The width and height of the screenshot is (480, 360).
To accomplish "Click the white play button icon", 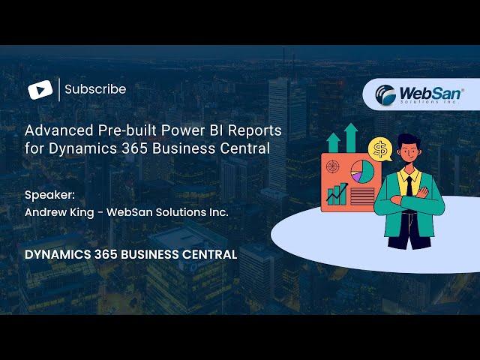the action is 40,90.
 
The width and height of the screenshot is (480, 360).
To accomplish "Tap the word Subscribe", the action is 95,89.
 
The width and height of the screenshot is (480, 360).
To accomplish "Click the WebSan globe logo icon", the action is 385,94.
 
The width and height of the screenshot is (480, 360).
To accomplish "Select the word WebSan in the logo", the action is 430,92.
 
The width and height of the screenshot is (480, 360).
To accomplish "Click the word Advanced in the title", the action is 59,130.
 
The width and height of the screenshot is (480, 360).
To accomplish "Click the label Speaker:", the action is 49,195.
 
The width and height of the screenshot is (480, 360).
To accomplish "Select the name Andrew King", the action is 59,212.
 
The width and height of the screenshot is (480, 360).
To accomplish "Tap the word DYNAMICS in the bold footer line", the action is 58,255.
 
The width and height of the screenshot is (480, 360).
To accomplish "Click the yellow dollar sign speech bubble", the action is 380,150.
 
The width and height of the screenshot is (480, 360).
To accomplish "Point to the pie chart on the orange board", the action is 362,172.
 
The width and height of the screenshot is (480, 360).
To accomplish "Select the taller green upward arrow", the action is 351,138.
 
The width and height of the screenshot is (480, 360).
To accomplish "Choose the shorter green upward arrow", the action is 333,143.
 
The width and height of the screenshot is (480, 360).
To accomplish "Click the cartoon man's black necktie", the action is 409,186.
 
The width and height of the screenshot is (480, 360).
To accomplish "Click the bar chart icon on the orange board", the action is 337,194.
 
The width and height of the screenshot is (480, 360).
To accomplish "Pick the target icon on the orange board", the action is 333,166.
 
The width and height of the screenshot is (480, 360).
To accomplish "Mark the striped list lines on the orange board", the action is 362,196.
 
